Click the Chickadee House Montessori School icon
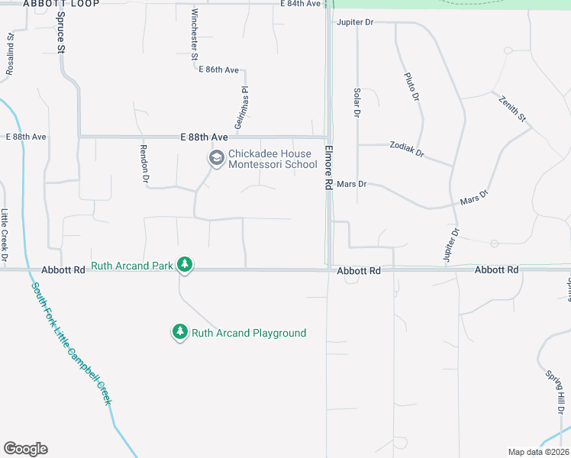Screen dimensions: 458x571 click(216, 159)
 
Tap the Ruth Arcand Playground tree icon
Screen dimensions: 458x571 click(179, 332)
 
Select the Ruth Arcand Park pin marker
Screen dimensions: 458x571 click(184, 264)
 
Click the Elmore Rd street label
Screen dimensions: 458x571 click(329, 168)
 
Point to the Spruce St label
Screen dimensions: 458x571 click(61, 32)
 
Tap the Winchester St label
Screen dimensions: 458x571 click(195, 34)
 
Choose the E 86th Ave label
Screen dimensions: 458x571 click(218, 69)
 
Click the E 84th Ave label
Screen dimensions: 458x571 click(300, 4)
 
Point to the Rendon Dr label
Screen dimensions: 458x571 click(143, 164)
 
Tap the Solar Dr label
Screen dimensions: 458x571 click(356, 102)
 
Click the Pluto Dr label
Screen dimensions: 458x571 click(411, 85)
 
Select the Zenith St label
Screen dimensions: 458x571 click(512, 108)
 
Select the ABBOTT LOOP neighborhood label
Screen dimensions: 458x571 click(50, 4)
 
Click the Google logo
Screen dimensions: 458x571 click(25, 449)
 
